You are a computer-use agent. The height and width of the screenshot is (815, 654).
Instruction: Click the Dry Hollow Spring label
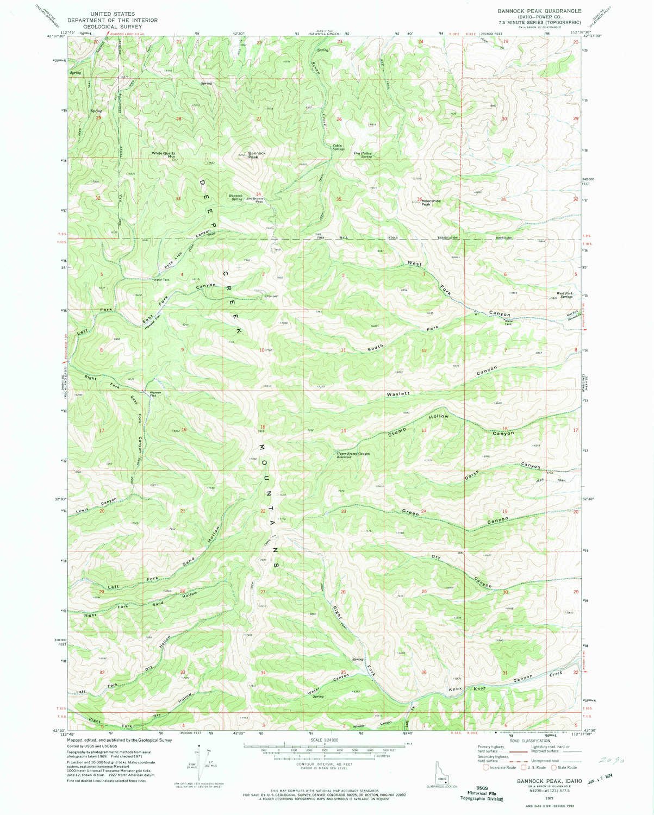(365, 154)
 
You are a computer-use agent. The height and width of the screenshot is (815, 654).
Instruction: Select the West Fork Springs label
(564, 297)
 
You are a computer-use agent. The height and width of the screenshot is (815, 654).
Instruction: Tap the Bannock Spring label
(235, 196)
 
